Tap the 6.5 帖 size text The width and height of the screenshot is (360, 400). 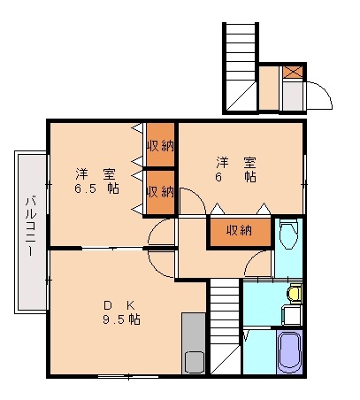coord(96,188)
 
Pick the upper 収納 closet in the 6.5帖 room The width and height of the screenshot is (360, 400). coord(160,145)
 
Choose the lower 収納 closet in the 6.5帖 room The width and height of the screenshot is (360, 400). coord(160,190)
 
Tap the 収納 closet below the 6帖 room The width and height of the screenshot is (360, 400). coord(239,231)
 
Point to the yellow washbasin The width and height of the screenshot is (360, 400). coord(295,292)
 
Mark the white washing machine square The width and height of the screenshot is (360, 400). coord(290,314)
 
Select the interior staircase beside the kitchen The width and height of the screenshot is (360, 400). coord(225,327)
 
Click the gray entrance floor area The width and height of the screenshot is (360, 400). coord(293,96)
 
